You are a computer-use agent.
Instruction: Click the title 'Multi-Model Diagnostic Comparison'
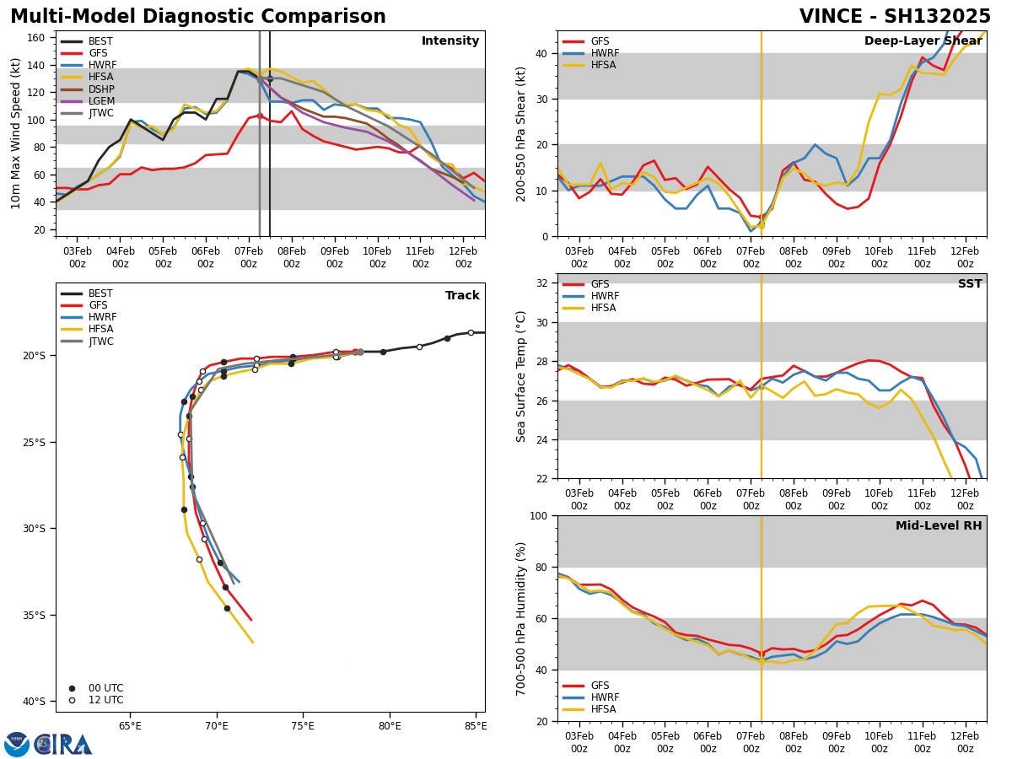(197, 17)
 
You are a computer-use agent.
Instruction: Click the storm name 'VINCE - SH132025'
(895, 17)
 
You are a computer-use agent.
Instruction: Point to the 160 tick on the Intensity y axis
(36, 38)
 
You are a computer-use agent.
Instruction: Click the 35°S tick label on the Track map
(34, 616)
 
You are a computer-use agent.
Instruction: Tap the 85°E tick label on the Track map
(476, 725)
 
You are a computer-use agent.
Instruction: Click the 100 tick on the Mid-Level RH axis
(538, 515)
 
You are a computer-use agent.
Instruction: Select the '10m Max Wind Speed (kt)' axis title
(16, 133)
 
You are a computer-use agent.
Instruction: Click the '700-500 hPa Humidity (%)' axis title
(521, 618)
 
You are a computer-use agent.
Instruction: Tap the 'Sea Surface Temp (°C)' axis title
(521, 376)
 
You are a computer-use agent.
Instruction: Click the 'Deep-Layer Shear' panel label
(923, 41)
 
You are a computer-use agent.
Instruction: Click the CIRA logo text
(63, 745)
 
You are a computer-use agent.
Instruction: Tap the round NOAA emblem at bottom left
(17, 745)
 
